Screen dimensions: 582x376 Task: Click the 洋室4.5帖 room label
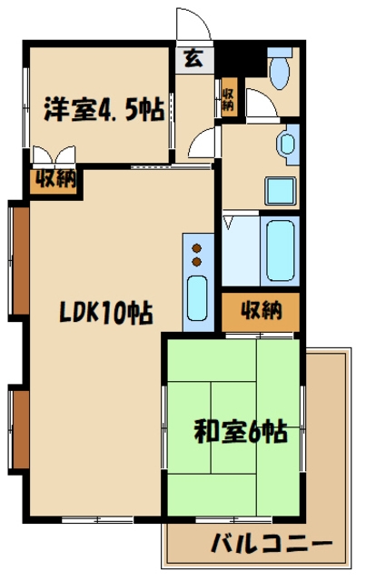[103, 109]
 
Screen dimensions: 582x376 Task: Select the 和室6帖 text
[240, 429]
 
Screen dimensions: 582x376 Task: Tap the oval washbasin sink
[289, 143]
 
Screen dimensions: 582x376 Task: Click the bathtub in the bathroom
[280, 248]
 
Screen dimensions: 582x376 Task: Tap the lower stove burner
[196, 262]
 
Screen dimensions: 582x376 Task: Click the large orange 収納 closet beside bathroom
[261, 312]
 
